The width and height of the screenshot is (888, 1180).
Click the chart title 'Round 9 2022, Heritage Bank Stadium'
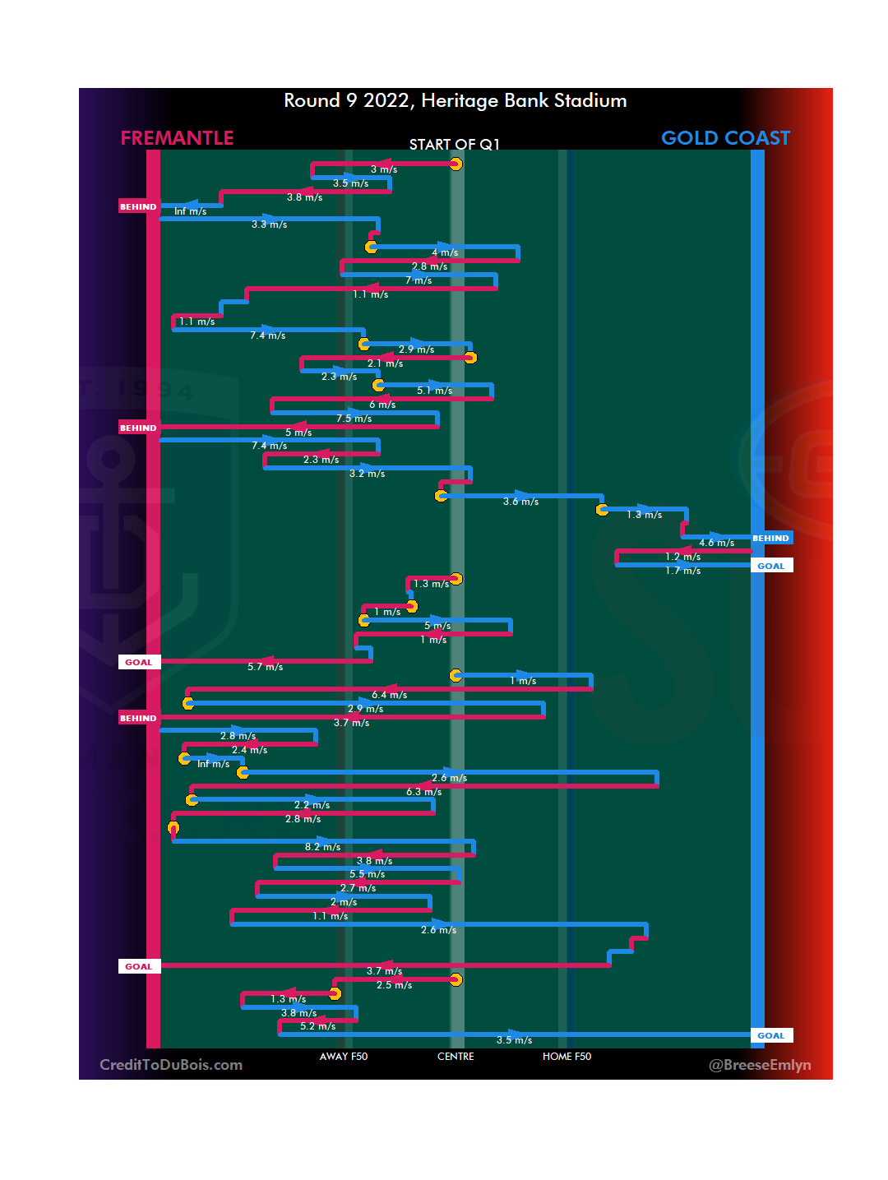[455, 101]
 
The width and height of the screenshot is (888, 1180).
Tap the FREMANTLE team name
[177, 138]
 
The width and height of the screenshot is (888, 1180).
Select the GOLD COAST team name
[725, 138]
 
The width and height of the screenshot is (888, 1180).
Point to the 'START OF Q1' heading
[454, 145]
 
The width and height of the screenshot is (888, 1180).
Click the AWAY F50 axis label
[344, 1057]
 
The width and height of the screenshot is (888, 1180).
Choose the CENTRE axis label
[456, 1057]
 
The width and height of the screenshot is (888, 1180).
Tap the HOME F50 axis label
[567, 1057]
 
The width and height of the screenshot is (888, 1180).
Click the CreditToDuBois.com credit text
[171, 1065]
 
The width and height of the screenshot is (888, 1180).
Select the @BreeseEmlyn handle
[760, 1065]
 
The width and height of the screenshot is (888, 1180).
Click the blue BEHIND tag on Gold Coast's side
[770, 539]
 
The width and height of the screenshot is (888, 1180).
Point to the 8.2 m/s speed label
[322, 847]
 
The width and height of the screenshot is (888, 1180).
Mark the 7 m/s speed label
[419, 280]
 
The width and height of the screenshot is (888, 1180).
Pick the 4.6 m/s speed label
[716, 543]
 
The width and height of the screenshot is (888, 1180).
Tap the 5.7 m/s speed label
[265, 667]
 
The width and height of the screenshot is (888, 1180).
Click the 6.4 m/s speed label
[389, 695]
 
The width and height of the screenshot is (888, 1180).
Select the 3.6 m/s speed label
[520, 502]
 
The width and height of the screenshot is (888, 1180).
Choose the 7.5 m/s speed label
[354, 419]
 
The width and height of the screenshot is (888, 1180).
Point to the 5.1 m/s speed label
[434, 391]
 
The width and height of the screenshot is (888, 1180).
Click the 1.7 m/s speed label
[682, 571]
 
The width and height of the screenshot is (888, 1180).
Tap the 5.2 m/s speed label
[317, 1026]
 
